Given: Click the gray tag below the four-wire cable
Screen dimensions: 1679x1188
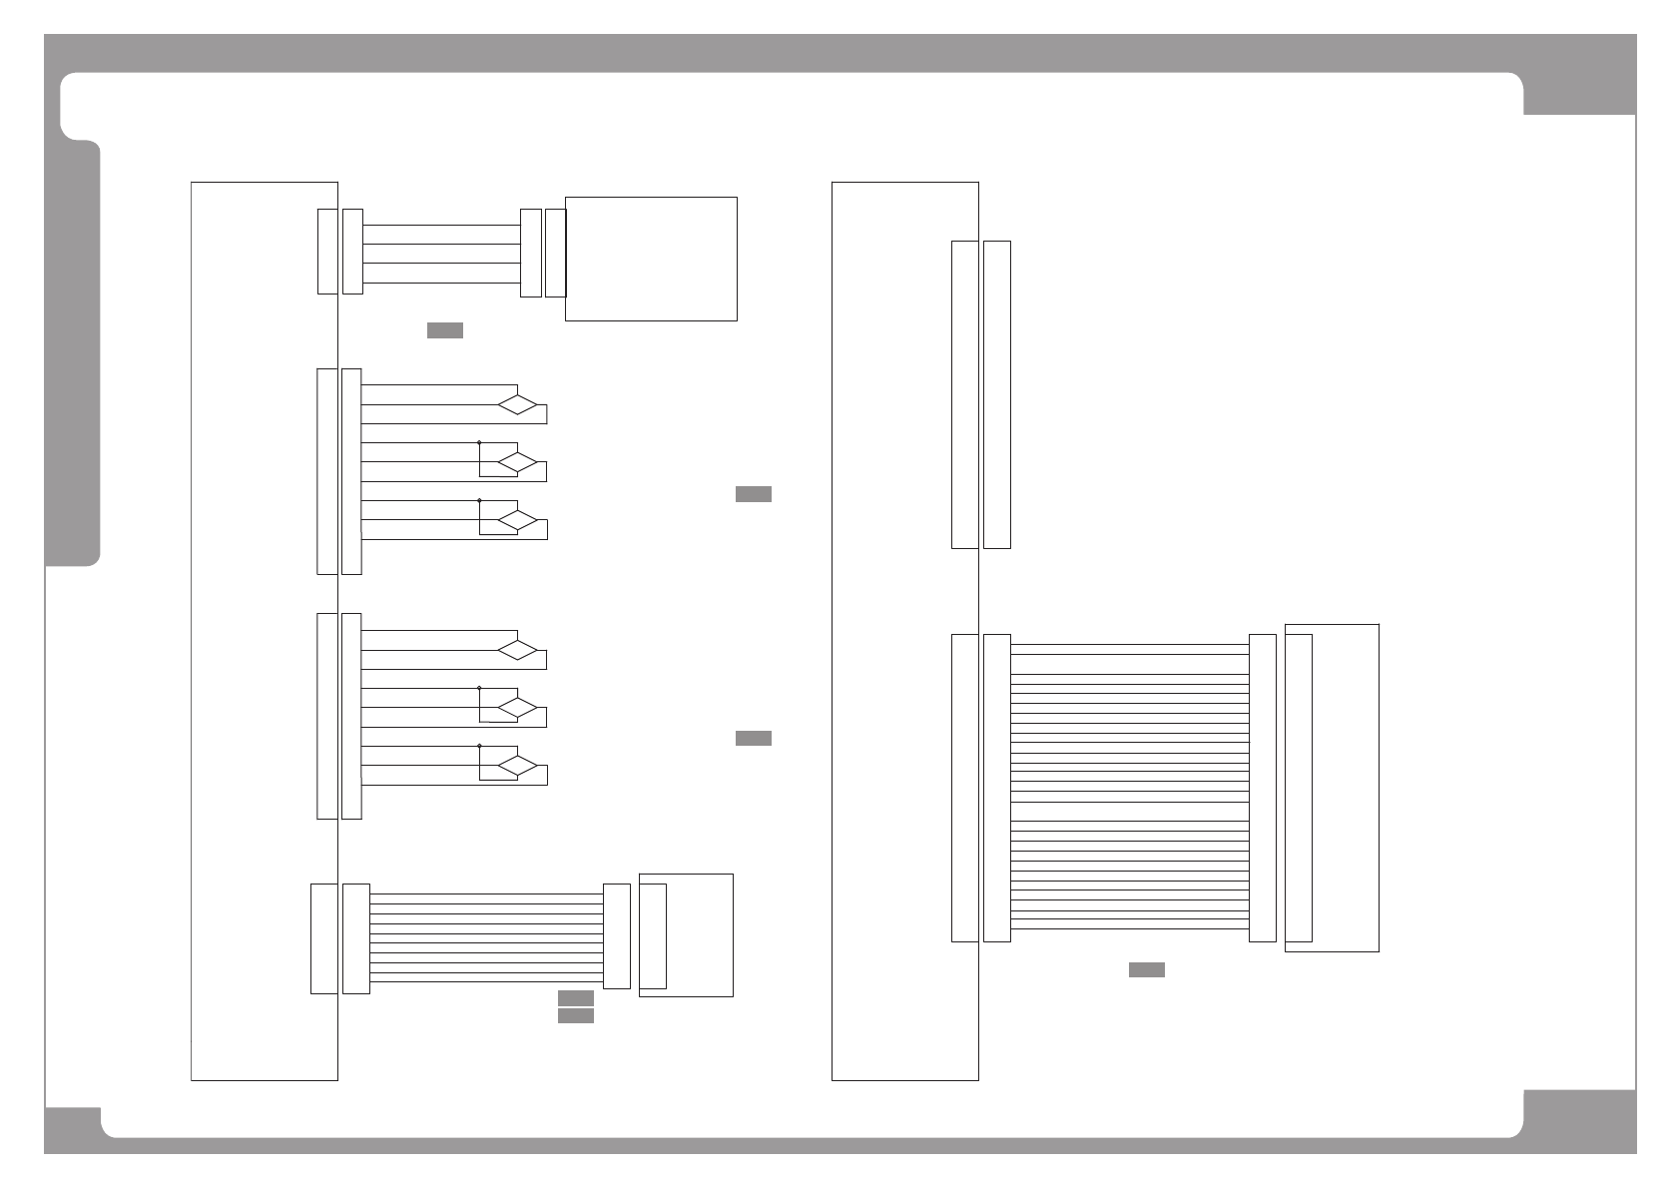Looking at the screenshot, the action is [444, 330].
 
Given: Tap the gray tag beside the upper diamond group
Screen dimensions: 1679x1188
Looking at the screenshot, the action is [753, 493].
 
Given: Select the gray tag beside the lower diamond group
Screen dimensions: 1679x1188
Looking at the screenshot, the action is [753, 738].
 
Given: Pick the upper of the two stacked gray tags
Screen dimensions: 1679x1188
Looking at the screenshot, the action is [575, 997].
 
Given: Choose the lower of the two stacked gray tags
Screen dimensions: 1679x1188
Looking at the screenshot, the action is [575, 1015].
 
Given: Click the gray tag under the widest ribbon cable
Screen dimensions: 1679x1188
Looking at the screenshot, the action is [1146, 969].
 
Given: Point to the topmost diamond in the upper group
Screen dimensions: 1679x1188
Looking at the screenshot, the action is [518, 404].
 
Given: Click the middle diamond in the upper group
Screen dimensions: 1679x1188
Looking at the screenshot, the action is [518, 462].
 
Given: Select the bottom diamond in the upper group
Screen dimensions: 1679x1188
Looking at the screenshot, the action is [518, 520].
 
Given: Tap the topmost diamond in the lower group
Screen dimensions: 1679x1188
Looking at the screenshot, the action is [518, 650].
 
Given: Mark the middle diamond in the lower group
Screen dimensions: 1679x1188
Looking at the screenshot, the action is [518, 708].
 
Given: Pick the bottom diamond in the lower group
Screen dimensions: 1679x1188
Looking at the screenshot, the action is [518, 766].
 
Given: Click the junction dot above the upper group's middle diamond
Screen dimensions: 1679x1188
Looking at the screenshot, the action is [479, 442].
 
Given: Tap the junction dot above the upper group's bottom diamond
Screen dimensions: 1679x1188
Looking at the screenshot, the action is [479, 500].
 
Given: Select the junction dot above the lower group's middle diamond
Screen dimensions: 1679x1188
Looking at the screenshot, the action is [479, 688].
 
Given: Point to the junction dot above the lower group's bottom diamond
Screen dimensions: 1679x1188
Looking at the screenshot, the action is [479, 746].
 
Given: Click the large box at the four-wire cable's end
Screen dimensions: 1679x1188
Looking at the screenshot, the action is [651, 259].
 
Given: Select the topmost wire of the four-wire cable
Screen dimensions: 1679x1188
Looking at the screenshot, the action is [440, 226].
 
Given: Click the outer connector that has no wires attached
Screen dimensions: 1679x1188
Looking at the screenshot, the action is [996, 394].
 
